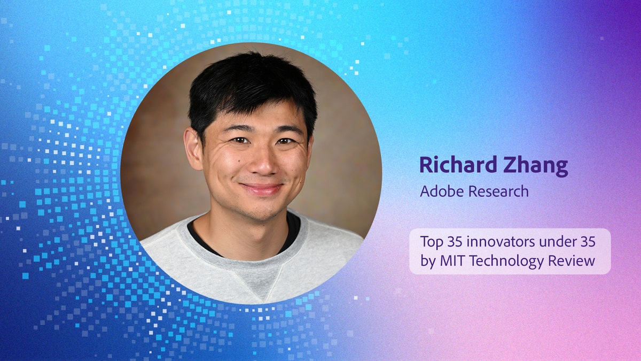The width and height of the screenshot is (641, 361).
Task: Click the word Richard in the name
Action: (x=455, y=166)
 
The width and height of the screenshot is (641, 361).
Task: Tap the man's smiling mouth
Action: (x=261, y=189)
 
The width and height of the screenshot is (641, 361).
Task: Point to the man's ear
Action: (x=194, y=149)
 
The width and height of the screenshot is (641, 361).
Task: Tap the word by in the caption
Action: (x=426, y=262)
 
